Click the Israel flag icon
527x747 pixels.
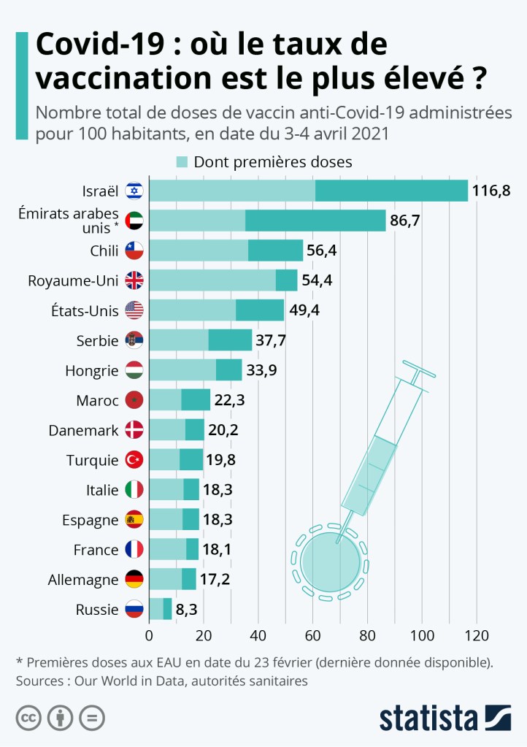(x=134, y=191)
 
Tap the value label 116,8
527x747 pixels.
(x=491, y=191)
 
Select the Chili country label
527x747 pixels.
(x=104, y=251)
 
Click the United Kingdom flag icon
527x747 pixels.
(x=134, y=280)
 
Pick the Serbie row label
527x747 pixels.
(x=97, y=340)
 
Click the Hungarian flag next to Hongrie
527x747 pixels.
(x=134, y=370)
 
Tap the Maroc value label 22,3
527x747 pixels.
(x=229, y=400)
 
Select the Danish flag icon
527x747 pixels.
(x=134, y=430)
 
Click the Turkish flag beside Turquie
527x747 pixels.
(x=134, y=460)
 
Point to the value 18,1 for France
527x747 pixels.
(x=218, y=550)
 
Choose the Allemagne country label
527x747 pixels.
(x=82, y=580)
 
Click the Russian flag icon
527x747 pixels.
(x=134, y=609)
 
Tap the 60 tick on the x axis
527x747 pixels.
(x=313, y=634)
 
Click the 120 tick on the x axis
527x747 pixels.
(x=477, y=634)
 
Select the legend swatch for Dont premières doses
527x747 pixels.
(x=182, y=161)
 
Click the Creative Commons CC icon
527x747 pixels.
(x=28, y=718)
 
